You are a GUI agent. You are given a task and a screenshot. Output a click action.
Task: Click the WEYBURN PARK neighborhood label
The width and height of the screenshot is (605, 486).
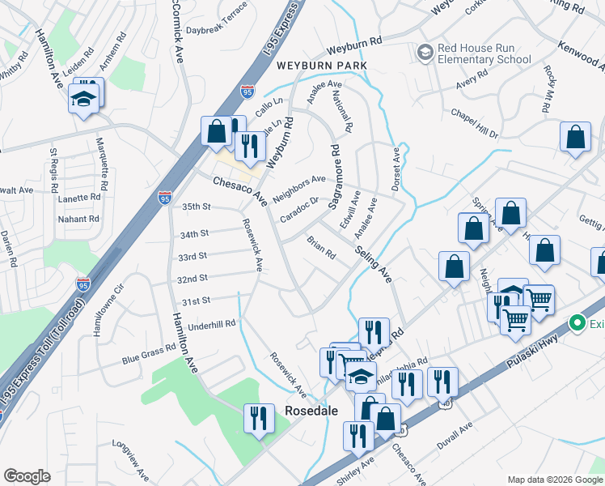[x=321, y=65]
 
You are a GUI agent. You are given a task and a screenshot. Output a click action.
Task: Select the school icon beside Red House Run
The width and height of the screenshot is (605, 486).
[x=425, y=53]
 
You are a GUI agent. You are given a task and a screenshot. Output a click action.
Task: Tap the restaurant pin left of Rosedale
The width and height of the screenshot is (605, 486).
[x=258, y=418]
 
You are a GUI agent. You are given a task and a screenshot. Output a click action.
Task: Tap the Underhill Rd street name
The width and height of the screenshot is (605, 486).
[x=210, y=324]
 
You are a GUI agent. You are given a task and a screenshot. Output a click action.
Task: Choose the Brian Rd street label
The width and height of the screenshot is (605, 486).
[x=321, y=248]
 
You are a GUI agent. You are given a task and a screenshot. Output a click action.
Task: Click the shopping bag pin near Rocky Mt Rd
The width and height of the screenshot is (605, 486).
[x=575, y=138]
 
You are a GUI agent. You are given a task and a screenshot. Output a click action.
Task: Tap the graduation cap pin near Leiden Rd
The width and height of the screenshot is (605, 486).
[x=83, y=100]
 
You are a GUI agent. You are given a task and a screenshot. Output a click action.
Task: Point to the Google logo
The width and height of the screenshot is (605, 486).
[x=27, y=476]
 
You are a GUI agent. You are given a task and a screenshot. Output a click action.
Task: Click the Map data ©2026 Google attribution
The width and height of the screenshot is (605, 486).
[x=554, y=480]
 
